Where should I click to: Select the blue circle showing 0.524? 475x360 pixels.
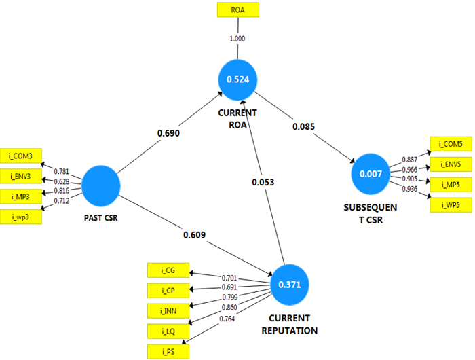237,79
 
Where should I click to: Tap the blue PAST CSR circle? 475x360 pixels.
100,186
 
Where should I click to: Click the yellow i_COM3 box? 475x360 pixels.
20,156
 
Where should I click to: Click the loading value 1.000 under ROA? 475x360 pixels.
237,39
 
